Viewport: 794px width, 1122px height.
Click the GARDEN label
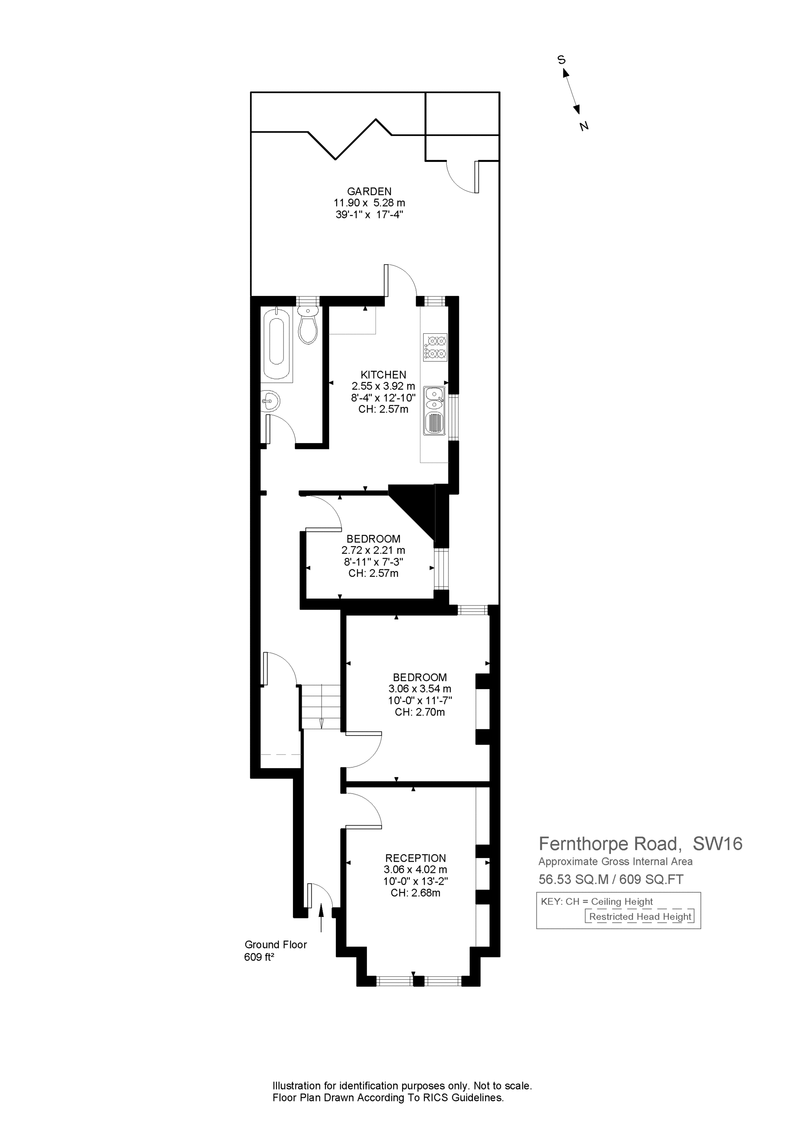369,192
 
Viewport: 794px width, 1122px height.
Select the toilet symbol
308,325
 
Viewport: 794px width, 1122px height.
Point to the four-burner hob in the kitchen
435,348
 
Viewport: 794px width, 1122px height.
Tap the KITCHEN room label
384,375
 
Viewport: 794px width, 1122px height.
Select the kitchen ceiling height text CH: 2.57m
384,409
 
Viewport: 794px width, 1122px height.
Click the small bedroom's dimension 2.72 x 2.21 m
373,550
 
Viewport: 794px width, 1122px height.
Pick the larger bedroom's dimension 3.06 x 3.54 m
420,688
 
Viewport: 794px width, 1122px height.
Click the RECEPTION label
415,858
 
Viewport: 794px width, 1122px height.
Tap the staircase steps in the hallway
320,707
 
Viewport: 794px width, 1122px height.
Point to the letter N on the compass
584,126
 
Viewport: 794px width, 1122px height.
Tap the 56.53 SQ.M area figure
573,879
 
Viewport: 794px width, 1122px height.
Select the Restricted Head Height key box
640,917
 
